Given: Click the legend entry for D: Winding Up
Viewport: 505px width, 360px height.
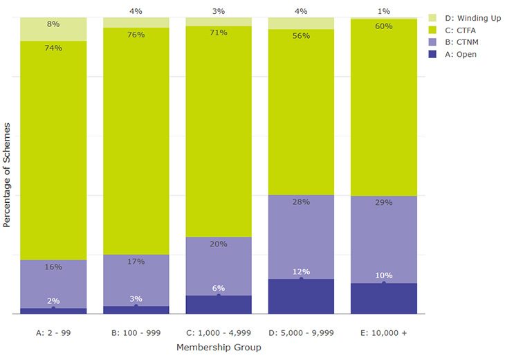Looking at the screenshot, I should pos(468,17).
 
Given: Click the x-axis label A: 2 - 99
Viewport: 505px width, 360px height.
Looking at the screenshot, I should pos(53,333).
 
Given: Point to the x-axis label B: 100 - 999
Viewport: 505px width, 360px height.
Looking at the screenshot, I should pos(136,333).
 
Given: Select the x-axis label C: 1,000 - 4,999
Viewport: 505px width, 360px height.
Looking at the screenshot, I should pos(219,333).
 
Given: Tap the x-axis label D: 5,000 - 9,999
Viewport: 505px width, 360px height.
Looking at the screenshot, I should pos(301,333).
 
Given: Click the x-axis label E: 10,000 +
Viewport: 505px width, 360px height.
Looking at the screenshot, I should pos(384,333).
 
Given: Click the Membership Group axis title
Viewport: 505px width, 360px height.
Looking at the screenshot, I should pos(219,348).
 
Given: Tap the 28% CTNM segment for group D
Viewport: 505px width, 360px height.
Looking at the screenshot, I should pos(301,237).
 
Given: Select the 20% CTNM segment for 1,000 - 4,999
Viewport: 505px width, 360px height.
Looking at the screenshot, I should pos(219,267).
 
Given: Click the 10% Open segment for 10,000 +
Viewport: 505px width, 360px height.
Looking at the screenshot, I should pos(384,299).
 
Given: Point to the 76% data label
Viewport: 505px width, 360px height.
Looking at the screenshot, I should pos(136,35).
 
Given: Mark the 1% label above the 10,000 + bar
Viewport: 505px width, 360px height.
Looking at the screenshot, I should pos(384,11).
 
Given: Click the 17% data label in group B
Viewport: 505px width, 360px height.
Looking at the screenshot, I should pos(136,262).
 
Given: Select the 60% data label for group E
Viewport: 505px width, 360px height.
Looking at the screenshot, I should pos(384,26).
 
